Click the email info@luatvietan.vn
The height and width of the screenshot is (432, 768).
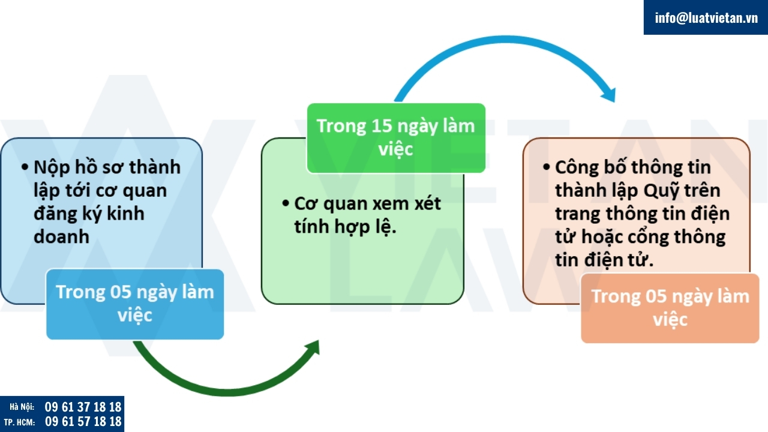706,17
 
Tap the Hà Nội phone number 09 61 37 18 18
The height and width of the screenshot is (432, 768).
83,407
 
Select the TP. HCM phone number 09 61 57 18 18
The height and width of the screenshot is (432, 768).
83,421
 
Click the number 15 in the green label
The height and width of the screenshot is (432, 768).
381,127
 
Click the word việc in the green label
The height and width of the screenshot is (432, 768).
395,149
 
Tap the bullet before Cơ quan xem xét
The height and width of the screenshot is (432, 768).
286,203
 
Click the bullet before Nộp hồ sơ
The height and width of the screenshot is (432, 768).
25,167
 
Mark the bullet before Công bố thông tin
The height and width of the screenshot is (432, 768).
547,167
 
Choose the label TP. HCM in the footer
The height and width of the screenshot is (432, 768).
19,422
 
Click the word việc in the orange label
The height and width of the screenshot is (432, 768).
670,320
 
